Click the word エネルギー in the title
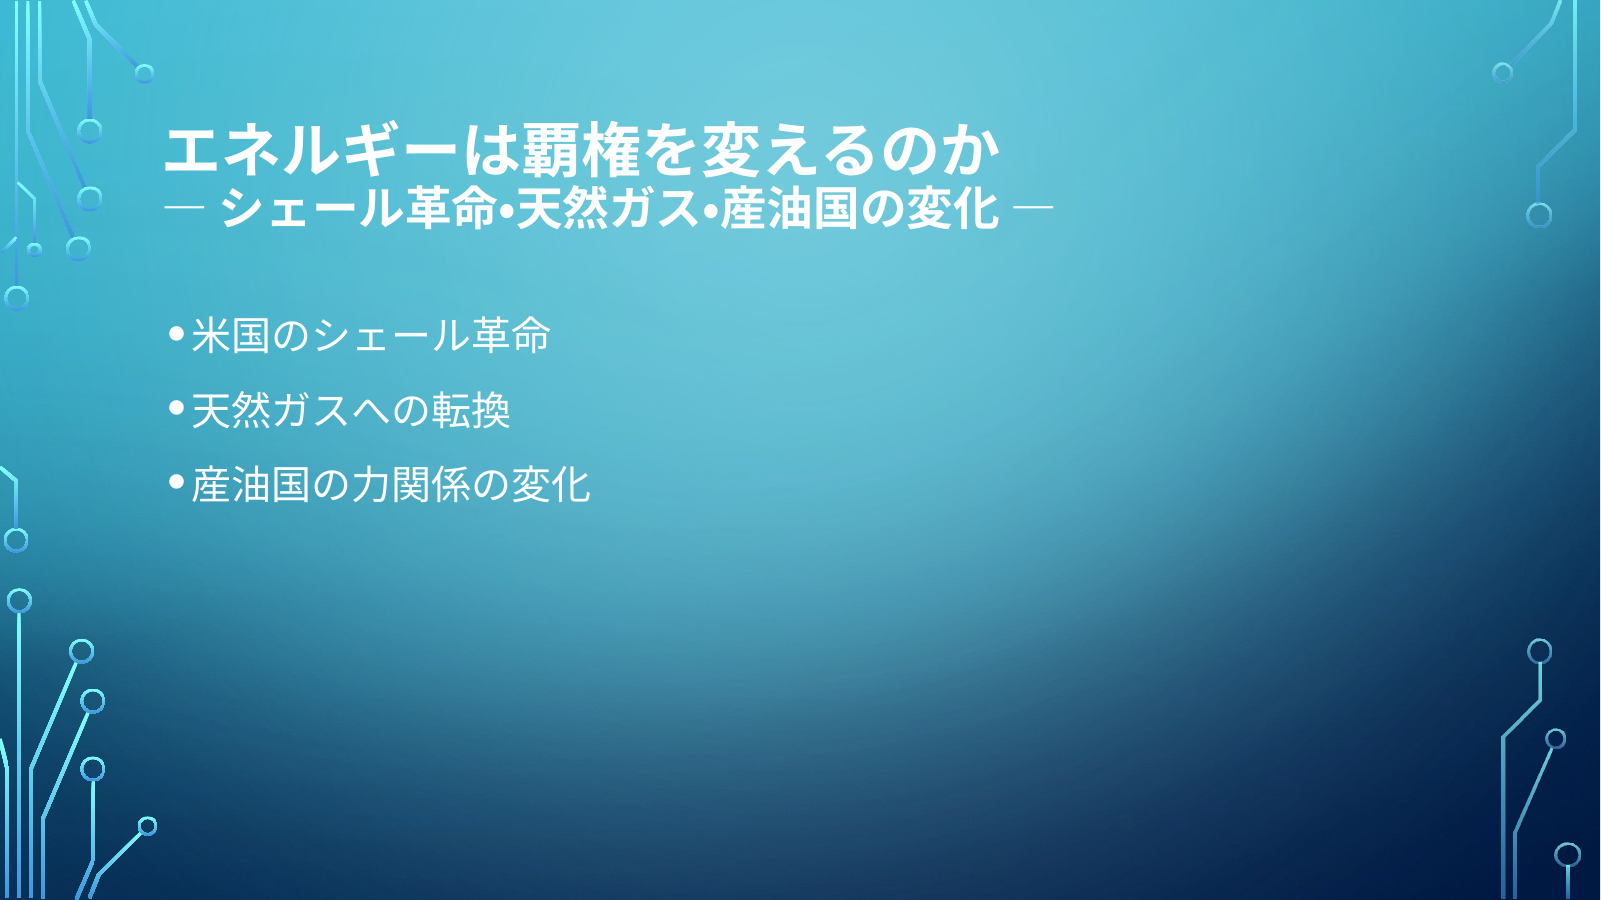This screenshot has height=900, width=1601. pyautogui.click(x=310, y=152)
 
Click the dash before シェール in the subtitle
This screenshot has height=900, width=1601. pyautogui.click(x=184, y=208)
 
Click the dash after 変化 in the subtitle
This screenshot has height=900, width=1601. pyautogui.click(x=1034, y=208)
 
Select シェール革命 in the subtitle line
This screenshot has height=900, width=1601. pyautogui.click(x=358, y=209)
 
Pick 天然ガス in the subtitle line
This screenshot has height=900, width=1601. pyautogui.click(x=607, y=209)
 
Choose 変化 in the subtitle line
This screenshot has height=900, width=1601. pyautogui.click(x=952, y=209)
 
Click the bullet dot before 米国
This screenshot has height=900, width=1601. pyautogui.click(x=177, y=333)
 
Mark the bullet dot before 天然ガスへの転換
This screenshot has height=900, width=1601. pyautogui.click(x=177, y=408)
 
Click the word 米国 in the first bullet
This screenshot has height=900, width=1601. pyautogui.click(x=230, y=335)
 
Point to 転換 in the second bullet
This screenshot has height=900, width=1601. pyautogui.click(x=471, y=410)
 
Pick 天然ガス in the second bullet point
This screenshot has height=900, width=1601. pyautogui.click(x=271, y=410)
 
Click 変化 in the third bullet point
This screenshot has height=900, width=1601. pyautogui.click(x=550, y=485)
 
